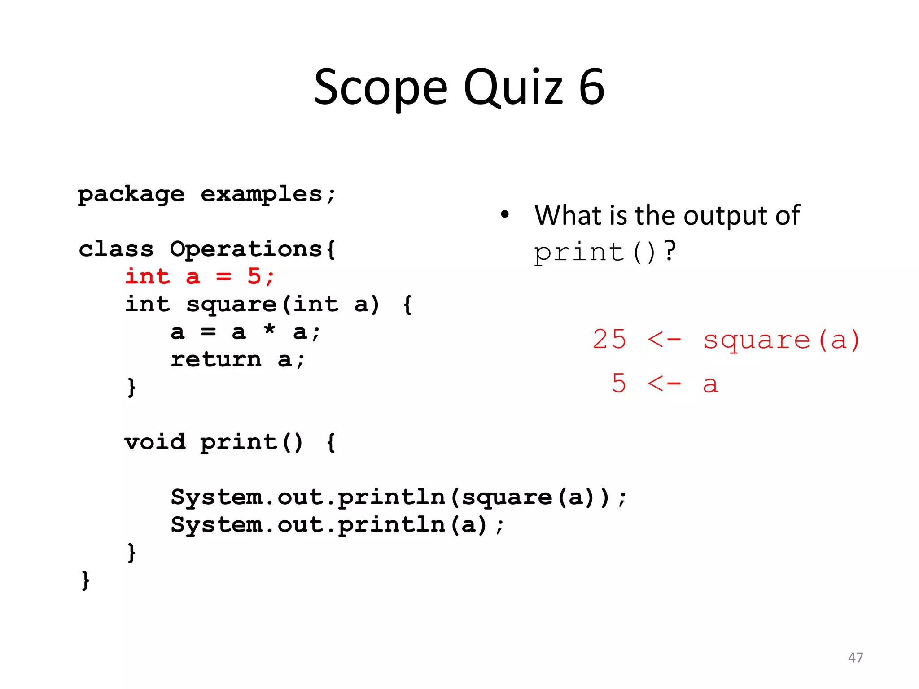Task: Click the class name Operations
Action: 246,249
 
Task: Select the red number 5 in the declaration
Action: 254,276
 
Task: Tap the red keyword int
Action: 148,276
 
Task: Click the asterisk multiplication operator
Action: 269,330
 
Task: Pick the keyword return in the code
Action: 216,360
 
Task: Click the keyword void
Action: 155,442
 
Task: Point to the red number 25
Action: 609,339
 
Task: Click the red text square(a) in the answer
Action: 781,340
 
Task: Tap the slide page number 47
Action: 855,658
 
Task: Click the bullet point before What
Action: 505,214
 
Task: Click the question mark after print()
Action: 670,251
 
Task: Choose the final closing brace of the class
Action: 85,580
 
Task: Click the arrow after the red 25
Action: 664,340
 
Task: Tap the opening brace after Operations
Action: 331,249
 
